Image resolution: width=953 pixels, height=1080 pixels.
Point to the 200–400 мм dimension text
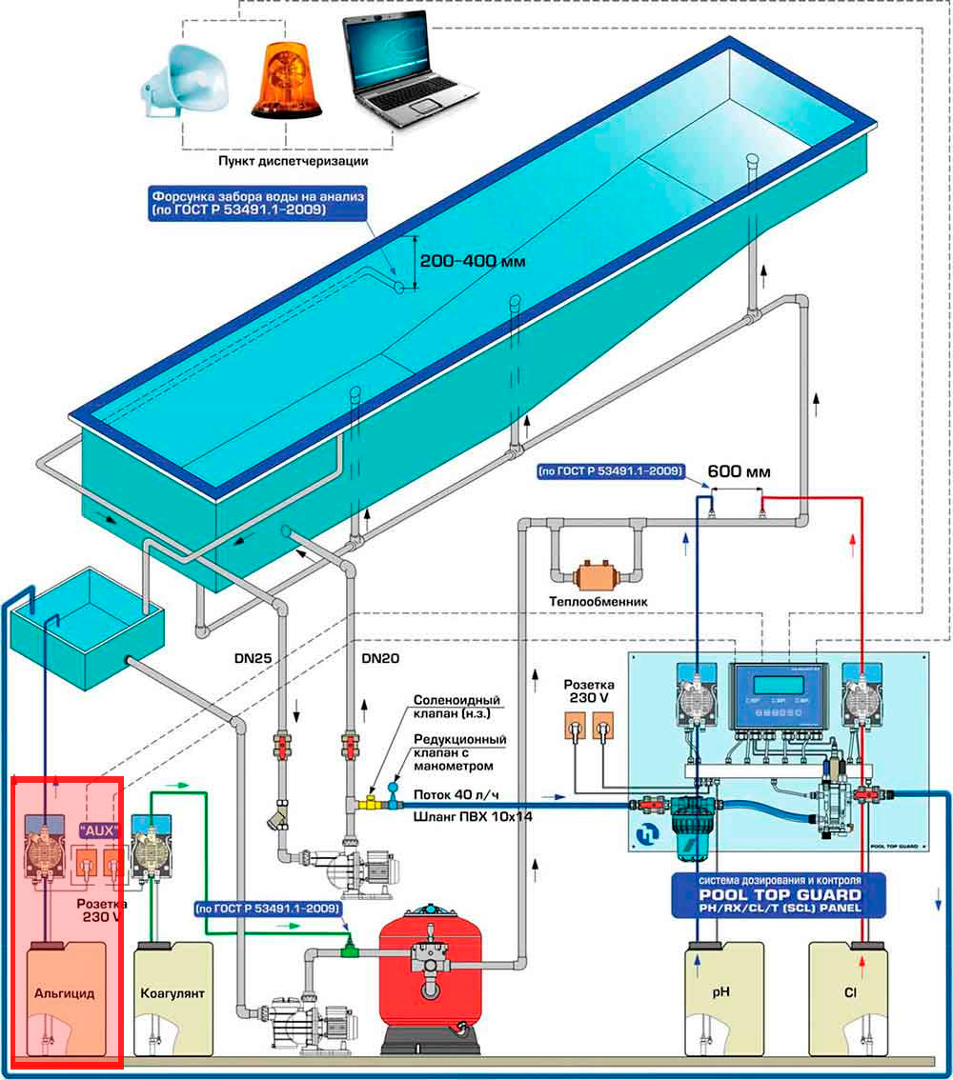[x=471, y=261]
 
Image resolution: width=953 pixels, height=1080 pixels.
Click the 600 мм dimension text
[x=739, y=471]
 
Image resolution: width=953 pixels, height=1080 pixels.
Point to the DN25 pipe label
[x=254, y=657]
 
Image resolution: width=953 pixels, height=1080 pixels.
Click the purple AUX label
[x=99, y=830]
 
